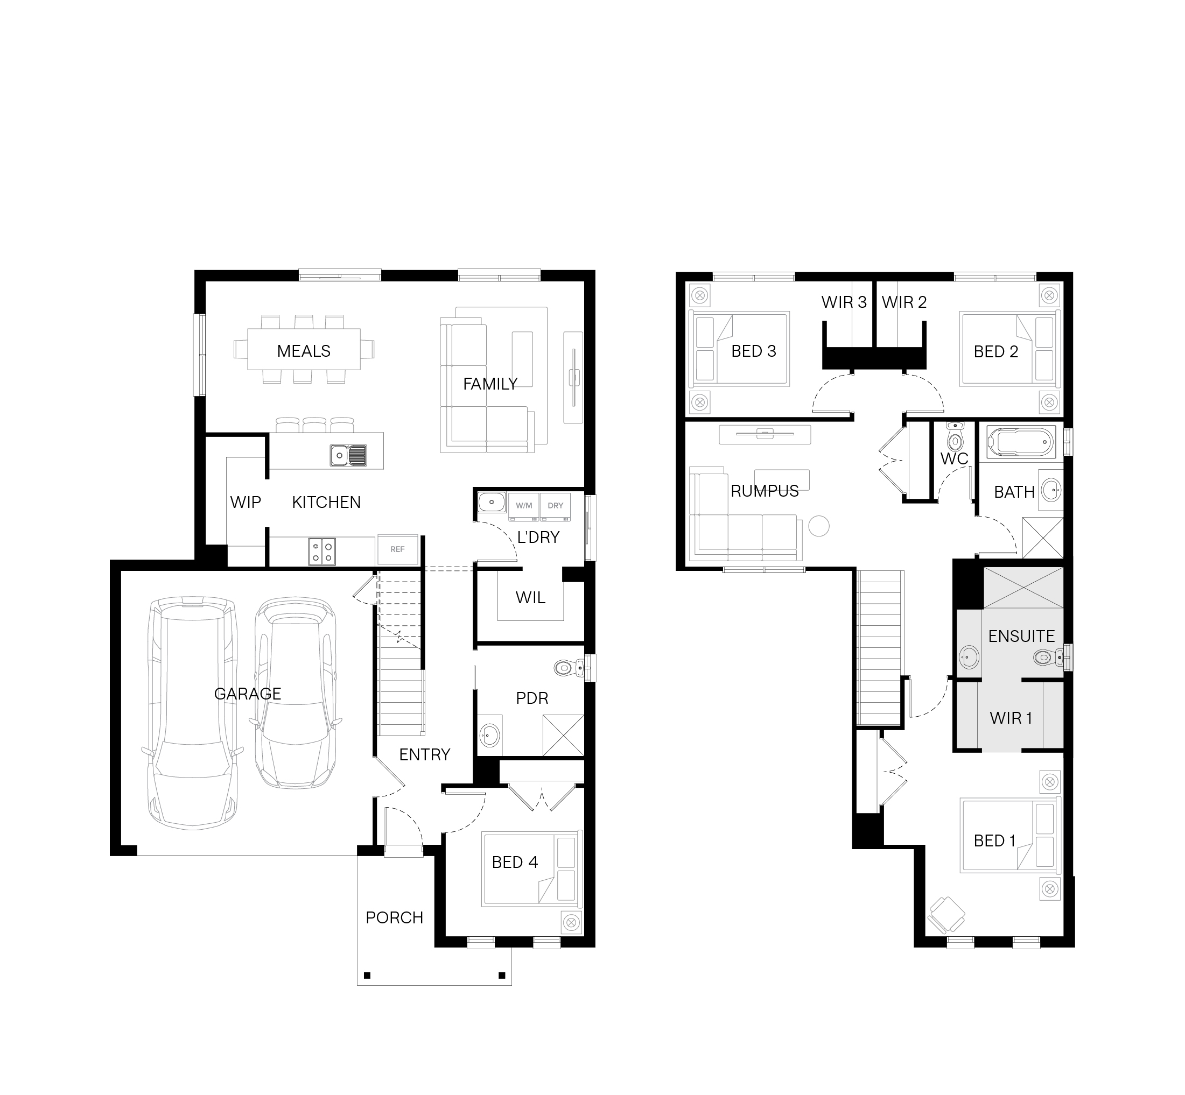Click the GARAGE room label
click(x=247, y=693)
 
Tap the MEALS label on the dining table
click(x=304, y=351)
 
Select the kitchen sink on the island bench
click(x=348, y=455)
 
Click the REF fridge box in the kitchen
click(x=397, y=549)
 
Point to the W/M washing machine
click(x=523, y=506)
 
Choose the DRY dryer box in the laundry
click(x=556, y=506)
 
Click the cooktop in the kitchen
click(x=322, y=551)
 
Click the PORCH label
click(x=394, y=918)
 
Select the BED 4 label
click(x=515, y=862)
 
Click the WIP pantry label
click(x=246, y=503)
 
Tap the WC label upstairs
click(x=955, y=458)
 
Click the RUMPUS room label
click(x=765, y=491)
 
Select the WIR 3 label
click(x=844, y=302)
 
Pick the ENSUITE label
click(x=1021, y=637)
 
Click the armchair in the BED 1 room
click(x=946, y=915)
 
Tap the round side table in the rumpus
click(x=819, y=526)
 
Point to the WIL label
click(x=530, y=597)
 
